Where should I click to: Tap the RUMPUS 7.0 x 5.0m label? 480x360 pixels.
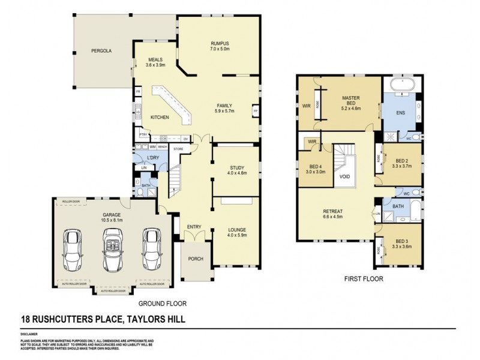(220, 46)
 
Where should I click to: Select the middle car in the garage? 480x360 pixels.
(112, 247)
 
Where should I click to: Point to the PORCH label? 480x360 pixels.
(195, 259)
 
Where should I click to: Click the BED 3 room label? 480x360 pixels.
(400, 243)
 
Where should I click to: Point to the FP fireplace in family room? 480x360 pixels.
(255, 112)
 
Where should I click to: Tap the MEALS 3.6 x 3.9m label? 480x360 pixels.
(155, 62)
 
